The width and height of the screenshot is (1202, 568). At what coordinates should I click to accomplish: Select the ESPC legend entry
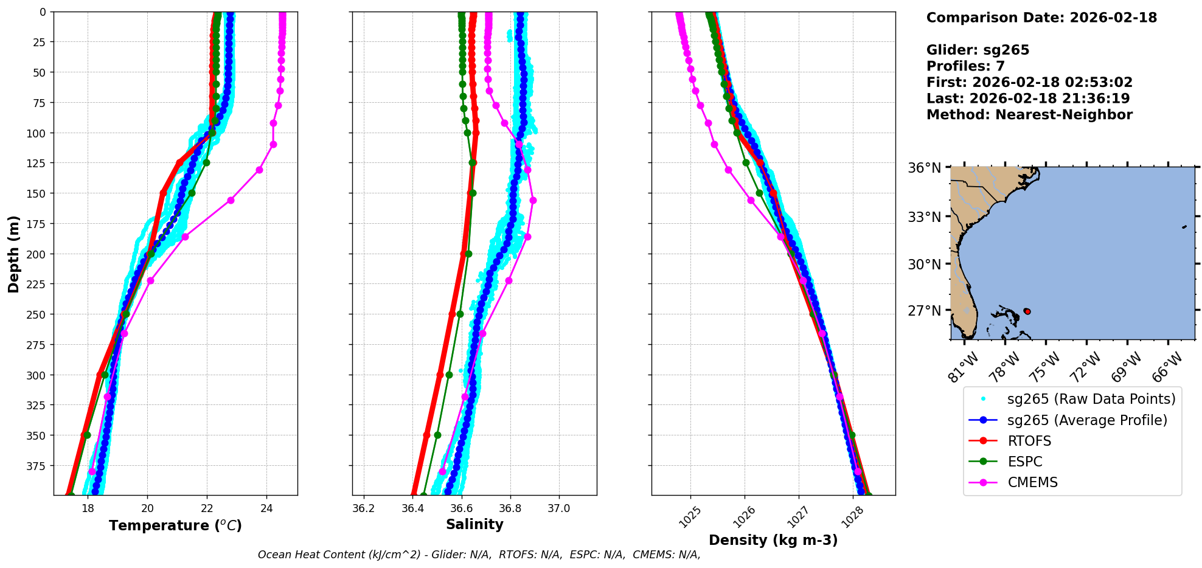(x=1025, y=462)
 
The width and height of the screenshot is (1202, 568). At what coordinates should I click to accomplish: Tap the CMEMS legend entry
(x=1032, y=482)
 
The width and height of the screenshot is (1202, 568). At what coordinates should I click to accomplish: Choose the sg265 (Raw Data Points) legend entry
(x=1091, y=399)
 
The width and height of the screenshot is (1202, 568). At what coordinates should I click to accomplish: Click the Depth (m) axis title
(x=13, y=254)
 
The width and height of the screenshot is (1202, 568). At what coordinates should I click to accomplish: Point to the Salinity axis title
(x=474, y=525)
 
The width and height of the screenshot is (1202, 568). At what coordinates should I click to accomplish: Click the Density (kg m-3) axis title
(x=773, y=540)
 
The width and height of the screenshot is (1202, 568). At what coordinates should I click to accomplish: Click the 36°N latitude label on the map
(x=924, y=168)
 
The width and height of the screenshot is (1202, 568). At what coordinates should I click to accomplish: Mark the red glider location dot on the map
(x=1027, y=311)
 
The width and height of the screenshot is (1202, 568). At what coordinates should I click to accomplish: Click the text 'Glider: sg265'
(x=978, y=50)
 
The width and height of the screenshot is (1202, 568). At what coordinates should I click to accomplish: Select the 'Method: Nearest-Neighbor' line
(x=1029, y=115)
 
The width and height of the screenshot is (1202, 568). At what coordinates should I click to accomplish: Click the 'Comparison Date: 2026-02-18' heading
(x=1041, y=18)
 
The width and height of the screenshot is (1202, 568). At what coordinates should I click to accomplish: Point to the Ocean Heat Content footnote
(x=479, y=555)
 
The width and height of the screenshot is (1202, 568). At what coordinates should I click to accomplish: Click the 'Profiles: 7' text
(x=965, y=66)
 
